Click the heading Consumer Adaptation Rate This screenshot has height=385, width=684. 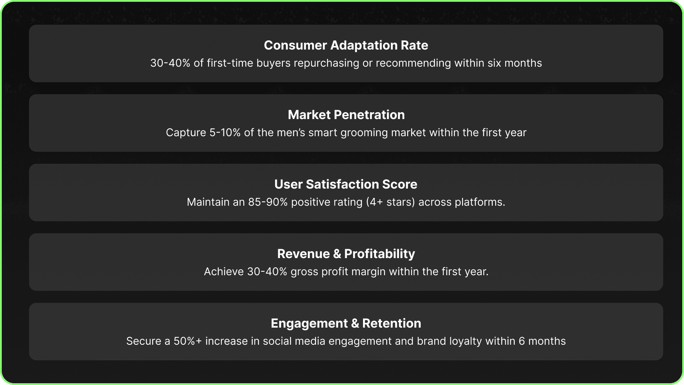[x=346, y=45]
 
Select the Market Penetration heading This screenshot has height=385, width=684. [x=346, y=115]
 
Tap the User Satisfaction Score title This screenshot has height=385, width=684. [x=346, y=184]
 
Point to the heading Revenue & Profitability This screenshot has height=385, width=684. [x=346, y=254]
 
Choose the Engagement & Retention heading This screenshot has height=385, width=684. [x=346, y=323]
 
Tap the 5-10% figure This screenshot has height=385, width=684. [x=225, y=133]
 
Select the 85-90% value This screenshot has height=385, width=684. [x=268, y=202]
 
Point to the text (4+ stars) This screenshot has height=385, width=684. [x=390, y=202]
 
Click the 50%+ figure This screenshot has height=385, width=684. [x=188, y=341]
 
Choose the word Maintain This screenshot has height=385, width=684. [x=208, y=202]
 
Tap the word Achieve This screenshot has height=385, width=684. [x=224, y=272]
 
